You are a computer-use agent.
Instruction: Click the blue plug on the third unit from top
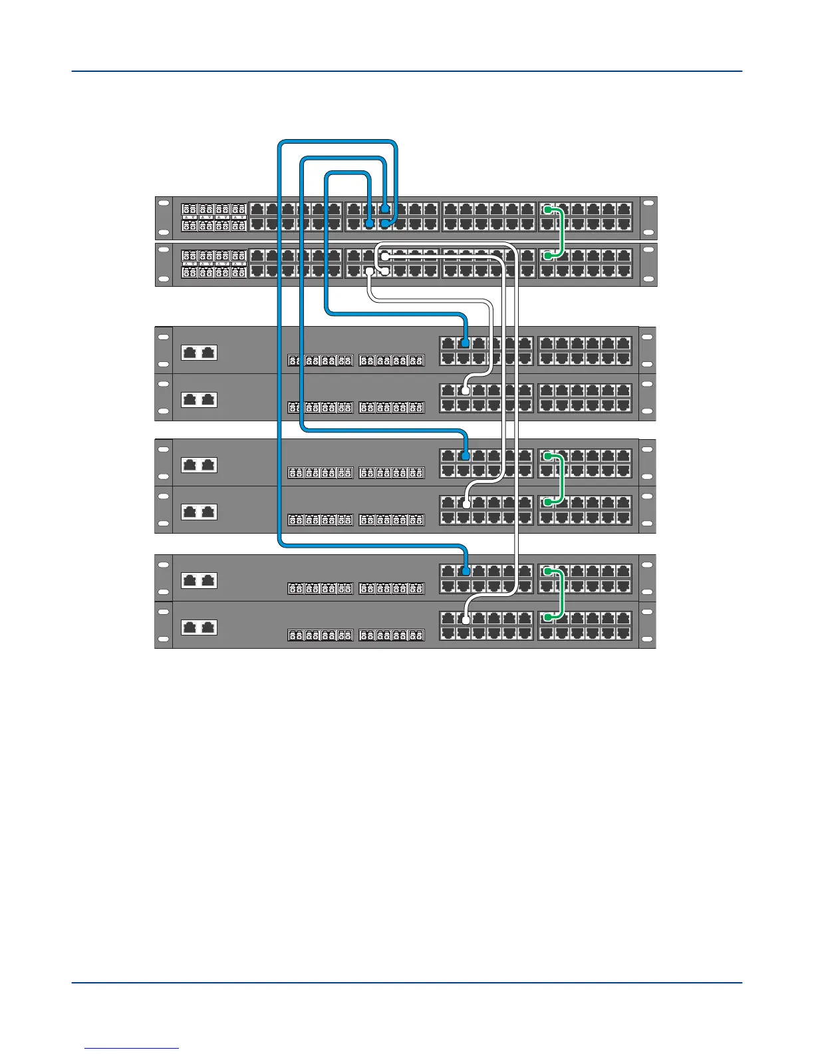pos(466,343)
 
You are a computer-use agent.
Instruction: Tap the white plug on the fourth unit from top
pos(466,391)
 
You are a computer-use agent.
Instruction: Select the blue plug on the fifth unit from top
pos(466,456)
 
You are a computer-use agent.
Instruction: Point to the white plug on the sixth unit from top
pos(466,504)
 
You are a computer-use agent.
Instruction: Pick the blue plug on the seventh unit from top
pos(466,571)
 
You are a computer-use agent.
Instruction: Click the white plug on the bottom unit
pos(466,619)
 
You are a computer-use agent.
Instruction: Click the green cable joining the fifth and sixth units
pos(563,480)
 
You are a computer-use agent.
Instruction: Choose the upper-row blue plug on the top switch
pos(384,210)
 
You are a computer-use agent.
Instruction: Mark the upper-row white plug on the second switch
pos(384,257)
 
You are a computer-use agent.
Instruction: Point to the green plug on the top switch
pos(547,210)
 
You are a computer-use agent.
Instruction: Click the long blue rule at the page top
pos(406,71)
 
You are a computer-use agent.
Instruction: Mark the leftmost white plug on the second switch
pos(369,271)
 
